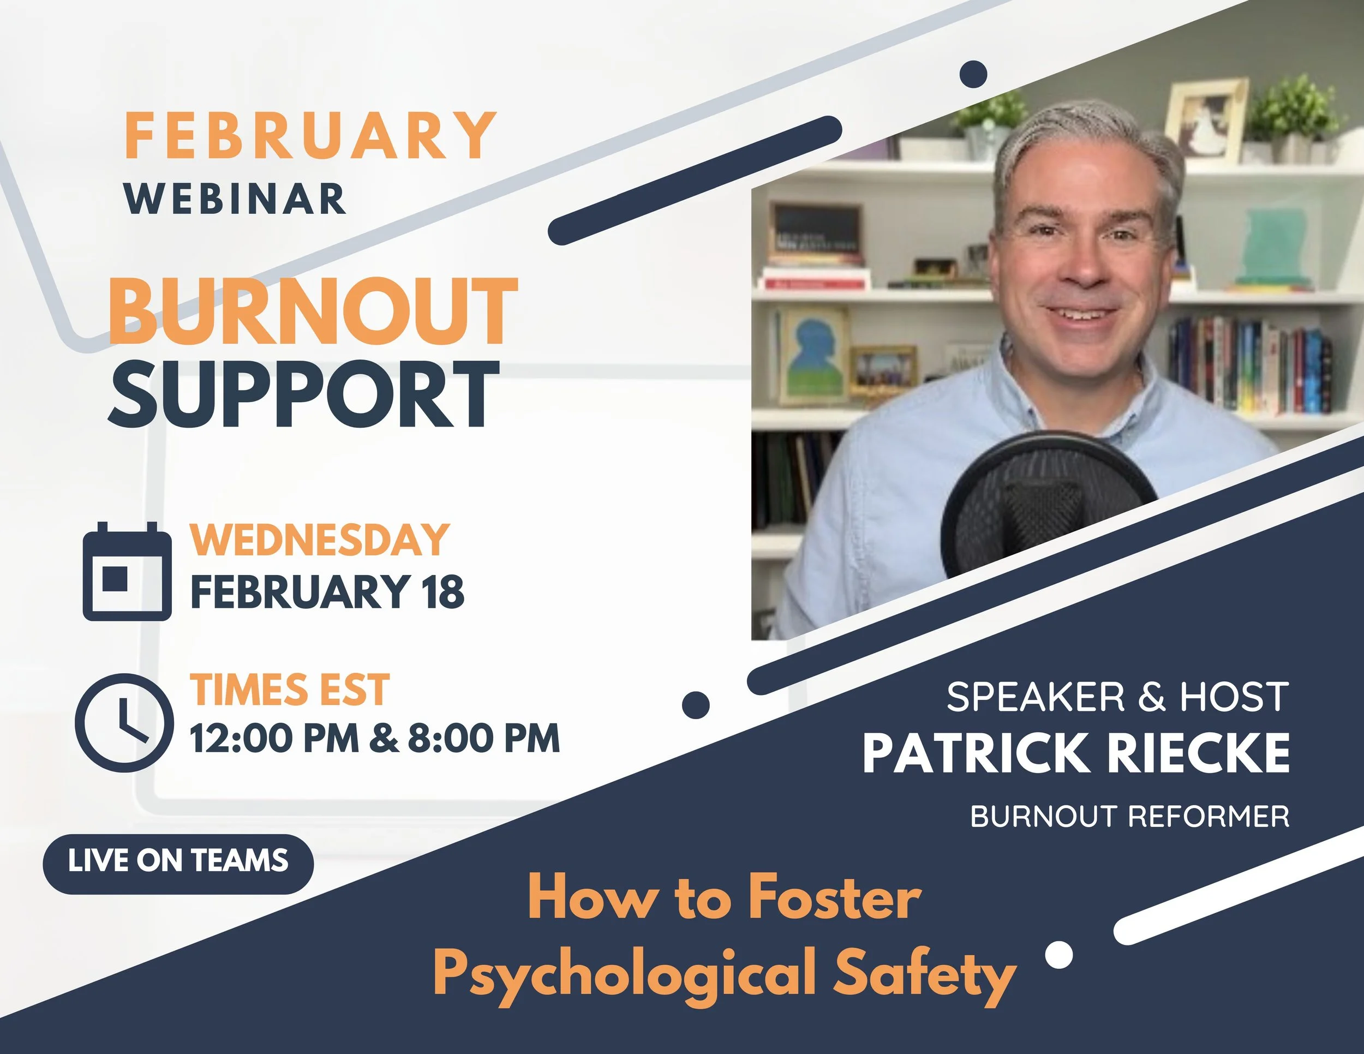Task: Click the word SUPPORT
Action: pos(304,394)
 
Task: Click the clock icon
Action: pos(124,723)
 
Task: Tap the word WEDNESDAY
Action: pos(319,540)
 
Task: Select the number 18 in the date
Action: pos(443,592)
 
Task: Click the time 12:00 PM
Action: pos(274,739)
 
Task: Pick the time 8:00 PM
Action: pos(483,739)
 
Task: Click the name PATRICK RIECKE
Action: pos(1075,753)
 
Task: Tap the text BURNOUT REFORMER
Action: pos(1130,816)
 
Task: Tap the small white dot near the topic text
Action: pos(1058,955)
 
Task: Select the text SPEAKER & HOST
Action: pos(1117,696)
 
